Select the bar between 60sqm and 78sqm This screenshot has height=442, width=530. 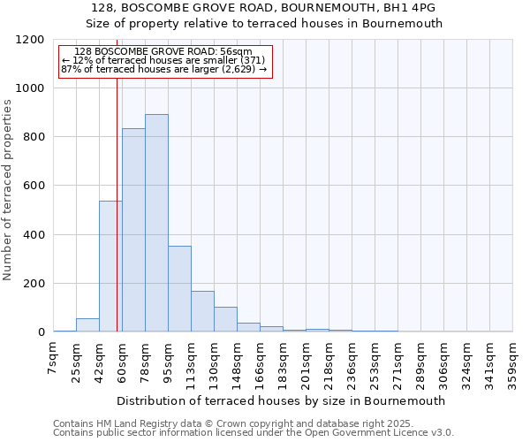133,230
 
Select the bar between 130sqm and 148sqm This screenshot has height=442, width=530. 225,319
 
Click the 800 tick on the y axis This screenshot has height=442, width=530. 34,137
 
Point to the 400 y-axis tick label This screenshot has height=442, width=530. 34,235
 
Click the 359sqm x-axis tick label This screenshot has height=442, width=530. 512,362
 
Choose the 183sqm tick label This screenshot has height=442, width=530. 283,362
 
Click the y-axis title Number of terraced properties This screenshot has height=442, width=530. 8,190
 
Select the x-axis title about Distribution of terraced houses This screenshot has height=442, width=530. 281,400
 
